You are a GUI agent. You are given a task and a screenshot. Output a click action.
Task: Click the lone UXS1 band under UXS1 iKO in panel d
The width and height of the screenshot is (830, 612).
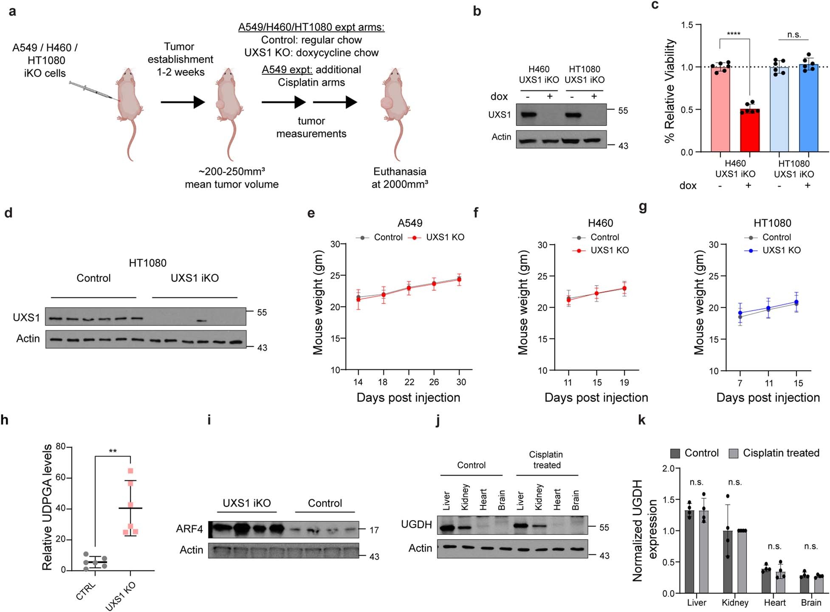[202, 321]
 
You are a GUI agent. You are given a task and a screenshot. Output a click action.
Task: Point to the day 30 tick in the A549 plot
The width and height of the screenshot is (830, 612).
[461, 382]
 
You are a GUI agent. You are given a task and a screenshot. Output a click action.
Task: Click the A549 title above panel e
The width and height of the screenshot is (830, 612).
[410, 223]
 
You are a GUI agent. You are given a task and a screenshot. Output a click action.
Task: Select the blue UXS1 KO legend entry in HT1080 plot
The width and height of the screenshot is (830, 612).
[772, 250]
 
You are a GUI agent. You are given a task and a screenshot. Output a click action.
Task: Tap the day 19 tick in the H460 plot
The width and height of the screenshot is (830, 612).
[624, 382]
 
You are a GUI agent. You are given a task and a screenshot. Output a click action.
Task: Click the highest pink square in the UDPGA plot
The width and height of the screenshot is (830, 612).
[130, 471]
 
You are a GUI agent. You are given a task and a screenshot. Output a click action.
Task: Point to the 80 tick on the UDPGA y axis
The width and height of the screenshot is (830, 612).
[60, 447]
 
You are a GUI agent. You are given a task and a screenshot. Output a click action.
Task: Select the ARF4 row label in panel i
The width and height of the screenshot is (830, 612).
[189, 529]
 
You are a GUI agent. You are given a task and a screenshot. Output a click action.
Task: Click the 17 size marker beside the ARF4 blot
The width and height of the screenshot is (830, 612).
[374, 530]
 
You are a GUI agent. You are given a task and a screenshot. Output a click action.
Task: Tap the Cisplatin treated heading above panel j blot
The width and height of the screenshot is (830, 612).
[546, 460]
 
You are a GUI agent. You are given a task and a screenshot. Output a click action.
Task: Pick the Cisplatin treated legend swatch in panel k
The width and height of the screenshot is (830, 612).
[734, 453]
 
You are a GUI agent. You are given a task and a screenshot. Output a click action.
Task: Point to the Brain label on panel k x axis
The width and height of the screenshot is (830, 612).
[811, 602]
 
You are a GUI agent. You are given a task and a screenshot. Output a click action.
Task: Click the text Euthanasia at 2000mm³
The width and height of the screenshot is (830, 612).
[400, 178]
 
